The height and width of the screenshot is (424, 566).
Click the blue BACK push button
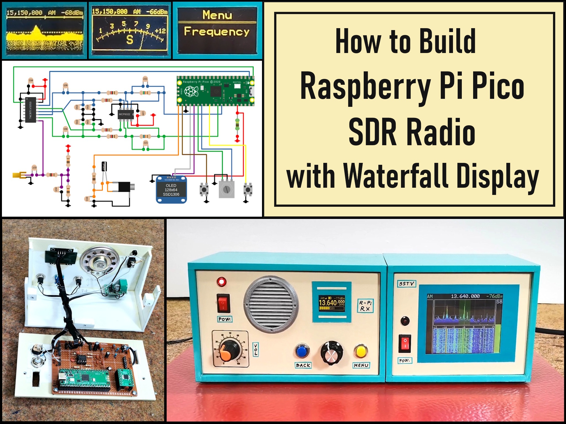(x=302, y=351)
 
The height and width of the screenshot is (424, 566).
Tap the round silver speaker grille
(x=271, y=303)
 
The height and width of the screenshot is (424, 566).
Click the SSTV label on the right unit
(x=407, y=283)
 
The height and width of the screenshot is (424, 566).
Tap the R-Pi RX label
(x=365, y=306)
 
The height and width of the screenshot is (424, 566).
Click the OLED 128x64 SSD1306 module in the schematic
(x=171, y=190)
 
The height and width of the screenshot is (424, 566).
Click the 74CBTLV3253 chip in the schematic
(x=30, y=110)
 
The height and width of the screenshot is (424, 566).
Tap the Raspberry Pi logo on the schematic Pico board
(x=191, y=91)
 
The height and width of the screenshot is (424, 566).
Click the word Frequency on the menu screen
(x=217, y=32)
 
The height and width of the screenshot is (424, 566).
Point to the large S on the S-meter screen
(x=130, y=40)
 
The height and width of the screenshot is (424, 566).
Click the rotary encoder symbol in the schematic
(x=227, y=189)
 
